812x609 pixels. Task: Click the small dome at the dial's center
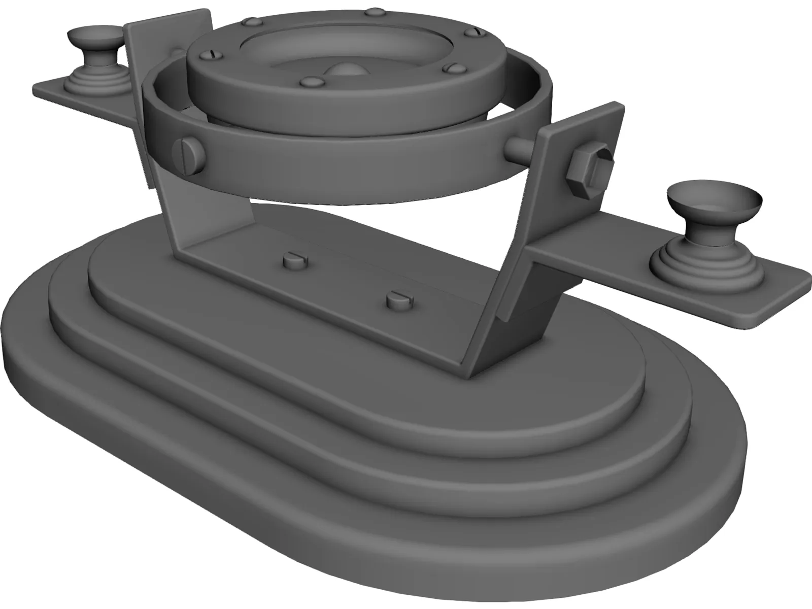click(x=346, y=72)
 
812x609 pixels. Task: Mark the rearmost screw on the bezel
click(x=374, y=11)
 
